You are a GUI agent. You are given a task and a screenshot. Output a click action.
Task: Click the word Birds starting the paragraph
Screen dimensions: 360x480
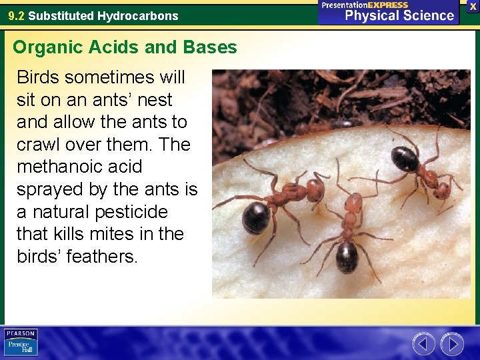click(x=37, y=77)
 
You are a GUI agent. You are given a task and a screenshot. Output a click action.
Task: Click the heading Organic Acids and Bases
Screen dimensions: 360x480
click(x=125, y=47)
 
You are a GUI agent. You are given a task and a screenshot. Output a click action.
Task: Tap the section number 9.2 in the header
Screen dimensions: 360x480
click(x=17, y=15)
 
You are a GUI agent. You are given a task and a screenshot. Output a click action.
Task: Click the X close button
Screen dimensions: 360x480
click(x=473, y=6)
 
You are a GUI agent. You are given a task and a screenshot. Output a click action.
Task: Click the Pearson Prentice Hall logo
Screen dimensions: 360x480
click(x=21, y=342)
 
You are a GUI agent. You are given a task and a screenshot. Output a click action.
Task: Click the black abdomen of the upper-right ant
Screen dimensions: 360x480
click(x=405, y=159)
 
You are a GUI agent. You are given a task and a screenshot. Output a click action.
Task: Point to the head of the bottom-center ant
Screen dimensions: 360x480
click(x=354, y=201)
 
